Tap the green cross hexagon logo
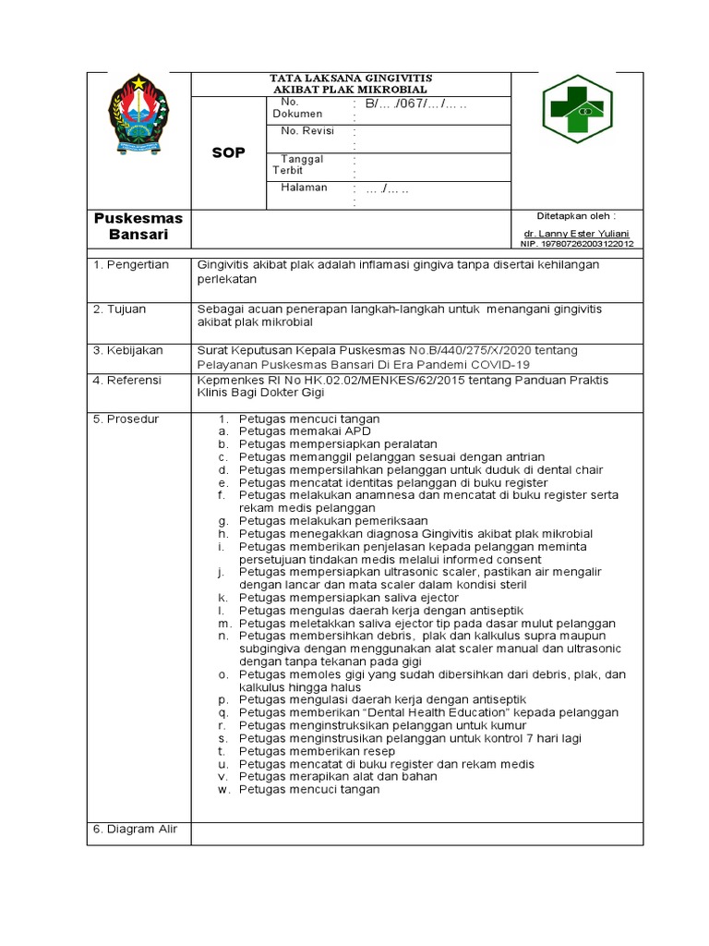tap(576, 110)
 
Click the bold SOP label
tap(228, 152)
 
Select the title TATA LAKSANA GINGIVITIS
tap(350, 78)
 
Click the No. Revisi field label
tap(306, 131)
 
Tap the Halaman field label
tap(304, 188)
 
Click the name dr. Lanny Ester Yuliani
tap(578, 235)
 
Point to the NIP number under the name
tap(578, 245)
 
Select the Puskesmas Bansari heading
tap(138, 226)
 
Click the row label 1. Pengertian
tap(130, 265)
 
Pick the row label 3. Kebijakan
tap(127, 351)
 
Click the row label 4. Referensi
tap(127, 380)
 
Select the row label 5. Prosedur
tap(126, 419)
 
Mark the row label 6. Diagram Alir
tap(135, 830)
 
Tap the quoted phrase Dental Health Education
tap(425, 713)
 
